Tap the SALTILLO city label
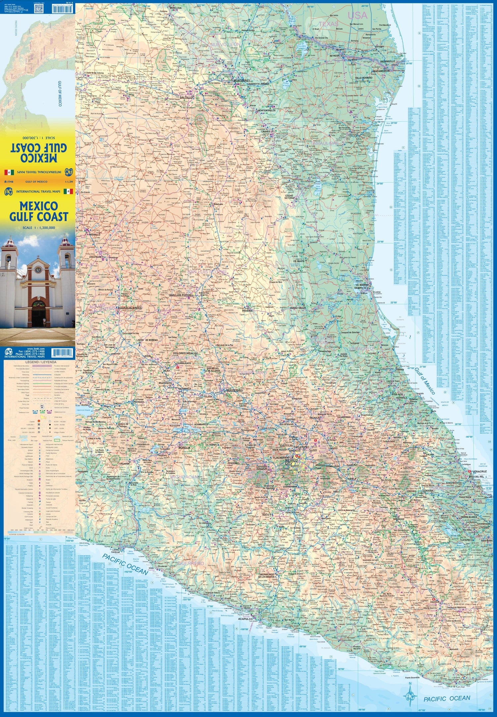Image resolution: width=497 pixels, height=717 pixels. (186, 98)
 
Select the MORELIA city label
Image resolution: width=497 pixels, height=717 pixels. (184, 448)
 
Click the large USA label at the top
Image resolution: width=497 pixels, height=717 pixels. (358, 15)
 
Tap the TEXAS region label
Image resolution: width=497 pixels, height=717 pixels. (329, 24)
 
